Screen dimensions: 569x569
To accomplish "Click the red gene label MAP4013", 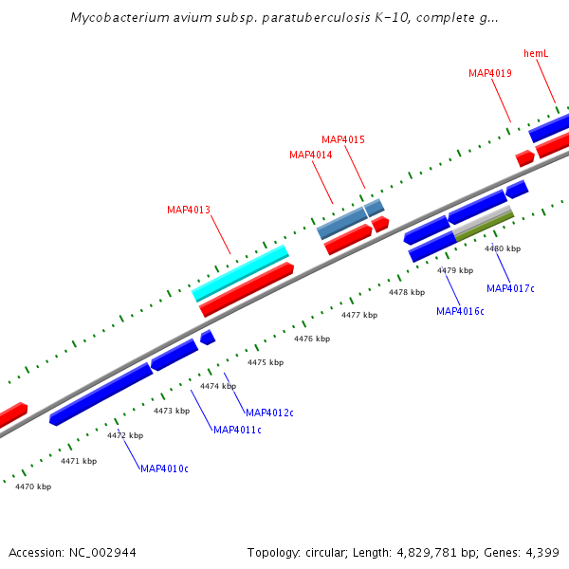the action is tap(189, 210).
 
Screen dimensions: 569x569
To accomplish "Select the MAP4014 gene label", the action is tap(310, 155).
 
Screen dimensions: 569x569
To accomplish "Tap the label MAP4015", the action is tap(342, 139).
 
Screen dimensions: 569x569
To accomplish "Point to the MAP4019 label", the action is tap(490, 73).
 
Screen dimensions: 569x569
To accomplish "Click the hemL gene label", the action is tap(536, 53).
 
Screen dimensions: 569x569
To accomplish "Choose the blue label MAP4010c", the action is tap(164, 468).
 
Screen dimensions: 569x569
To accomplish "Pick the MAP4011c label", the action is tap(237, 430).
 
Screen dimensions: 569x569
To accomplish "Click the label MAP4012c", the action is tap(269, 413).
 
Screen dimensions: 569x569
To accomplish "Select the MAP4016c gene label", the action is tap(460, 311).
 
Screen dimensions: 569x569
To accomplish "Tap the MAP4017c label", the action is tap(510, 288).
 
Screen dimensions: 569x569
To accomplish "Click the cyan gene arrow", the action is tap(241, 272).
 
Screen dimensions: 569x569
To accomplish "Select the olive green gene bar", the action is tap(484, 227).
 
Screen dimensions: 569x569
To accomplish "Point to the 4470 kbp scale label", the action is tap(33, 486).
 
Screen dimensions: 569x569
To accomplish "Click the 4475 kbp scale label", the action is tap(266, 362).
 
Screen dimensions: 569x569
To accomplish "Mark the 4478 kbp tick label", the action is tap(407, 292).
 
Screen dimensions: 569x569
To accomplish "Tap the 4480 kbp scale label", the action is tap(503, 248).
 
